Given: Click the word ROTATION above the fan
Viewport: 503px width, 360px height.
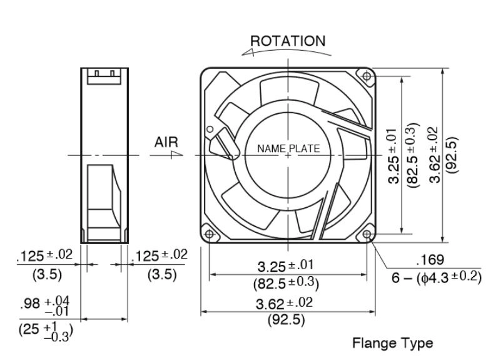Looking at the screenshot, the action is click(288, 41).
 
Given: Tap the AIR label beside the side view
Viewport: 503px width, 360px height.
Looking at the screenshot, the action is click(166, 142).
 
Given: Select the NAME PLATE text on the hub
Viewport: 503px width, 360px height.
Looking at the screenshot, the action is click(288, 148).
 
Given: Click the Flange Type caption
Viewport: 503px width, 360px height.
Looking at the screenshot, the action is click(393, 343).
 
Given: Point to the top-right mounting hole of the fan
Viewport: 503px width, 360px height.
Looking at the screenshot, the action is click(367, 76).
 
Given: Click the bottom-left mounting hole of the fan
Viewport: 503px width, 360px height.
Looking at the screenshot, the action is click(209, 234).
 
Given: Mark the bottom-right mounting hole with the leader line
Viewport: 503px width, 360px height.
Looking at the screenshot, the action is click(367, 234).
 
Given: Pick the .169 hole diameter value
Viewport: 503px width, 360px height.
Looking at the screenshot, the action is click(430, 260).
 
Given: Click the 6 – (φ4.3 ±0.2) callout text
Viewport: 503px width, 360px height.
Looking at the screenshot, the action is click(436, 277).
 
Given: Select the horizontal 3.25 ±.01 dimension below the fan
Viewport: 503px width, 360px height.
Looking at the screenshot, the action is click(285, 265).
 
